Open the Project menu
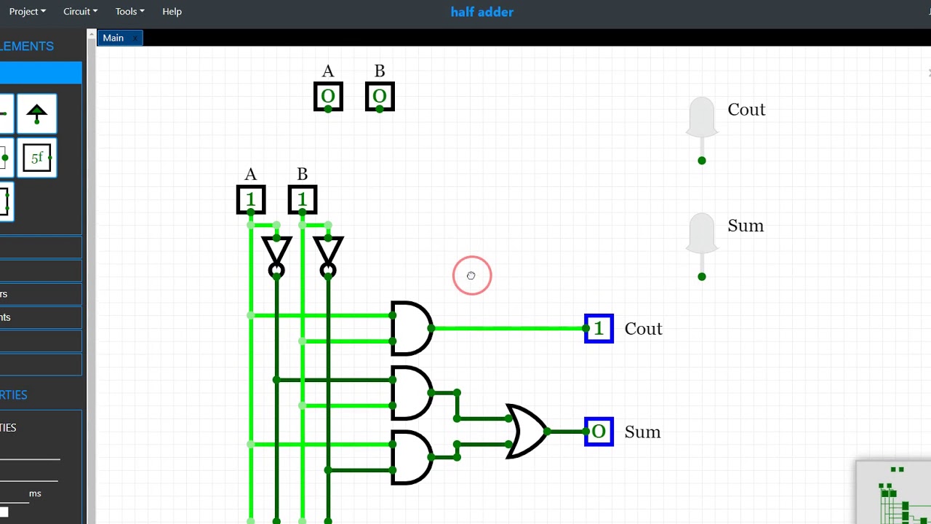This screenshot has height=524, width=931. click(27, 12)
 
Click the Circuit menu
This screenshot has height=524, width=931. click(80, 12)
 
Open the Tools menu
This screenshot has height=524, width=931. click(129, 12)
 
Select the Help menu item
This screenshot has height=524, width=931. click(172, 12)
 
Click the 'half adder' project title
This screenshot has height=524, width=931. click(482, 12)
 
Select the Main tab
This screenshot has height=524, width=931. click(113, 38)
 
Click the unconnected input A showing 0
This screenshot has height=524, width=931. click(328, 96)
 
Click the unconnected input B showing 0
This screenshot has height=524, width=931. click(380, 96)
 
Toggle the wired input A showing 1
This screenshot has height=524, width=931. click(251, 199)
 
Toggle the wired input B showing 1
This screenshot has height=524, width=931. click(303, 199)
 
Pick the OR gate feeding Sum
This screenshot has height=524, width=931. click(526, 432)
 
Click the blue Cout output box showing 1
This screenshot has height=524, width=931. click(599, 328)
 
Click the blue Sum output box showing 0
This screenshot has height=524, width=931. click(599, 432)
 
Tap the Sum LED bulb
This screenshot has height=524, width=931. click(702, 234)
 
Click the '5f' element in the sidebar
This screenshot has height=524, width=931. click(37, 157)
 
